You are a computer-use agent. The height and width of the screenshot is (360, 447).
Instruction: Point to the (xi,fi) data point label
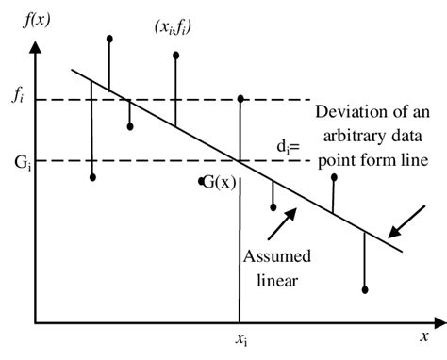point(174,27)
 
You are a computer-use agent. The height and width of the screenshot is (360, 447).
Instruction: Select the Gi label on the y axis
point(18,161)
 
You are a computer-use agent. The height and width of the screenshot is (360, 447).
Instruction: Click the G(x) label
point(222,181)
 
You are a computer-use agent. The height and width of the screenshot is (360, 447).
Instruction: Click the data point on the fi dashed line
point(241,98)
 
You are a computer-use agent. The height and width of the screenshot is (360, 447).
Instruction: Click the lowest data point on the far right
point(366,289)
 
